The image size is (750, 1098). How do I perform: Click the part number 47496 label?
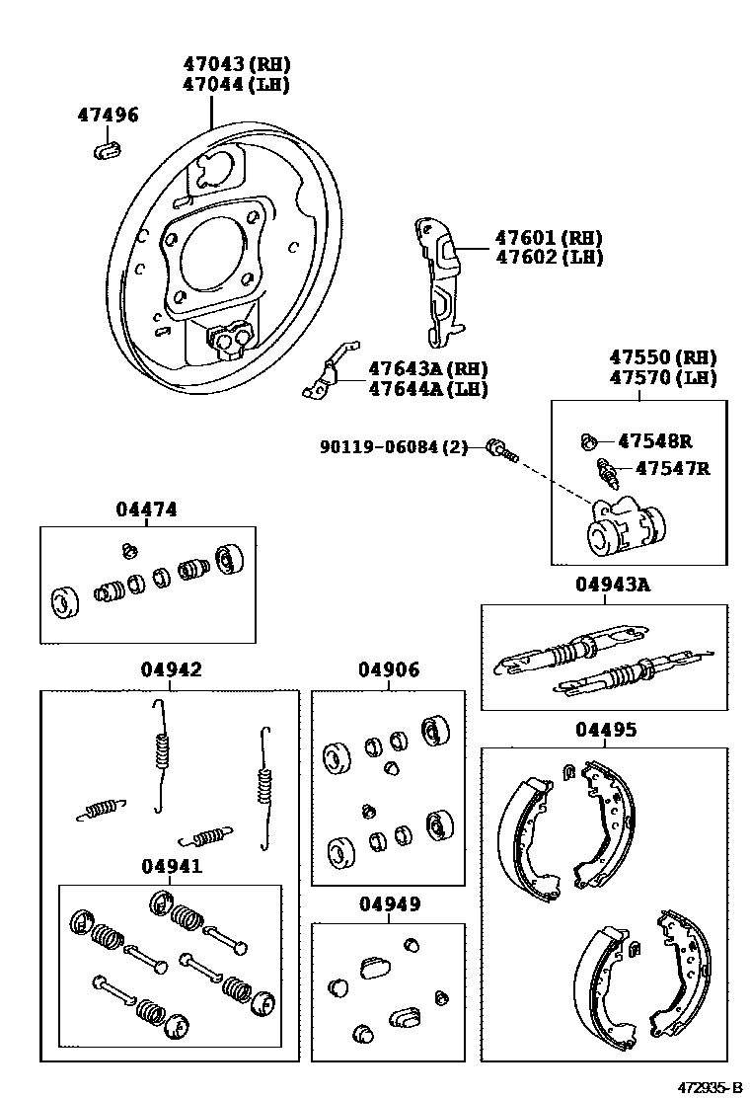(x=108, y=116)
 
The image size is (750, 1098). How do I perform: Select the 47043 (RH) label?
(x=236, y=64)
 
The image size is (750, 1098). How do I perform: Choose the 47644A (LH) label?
(x=428, y=389)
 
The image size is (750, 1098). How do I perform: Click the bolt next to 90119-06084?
(x=500, y=451)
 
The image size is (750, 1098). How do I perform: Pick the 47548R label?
(x=654, y=440)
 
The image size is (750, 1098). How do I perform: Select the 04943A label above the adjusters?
(x=613, y=585)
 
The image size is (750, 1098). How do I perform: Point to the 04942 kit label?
(x=170, y=669)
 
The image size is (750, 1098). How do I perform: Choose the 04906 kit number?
(x=388, y=669)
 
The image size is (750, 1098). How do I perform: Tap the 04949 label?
(x=389, y=903)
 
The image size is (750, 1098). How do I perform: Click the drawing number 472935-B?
(x=709, y=1086)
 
